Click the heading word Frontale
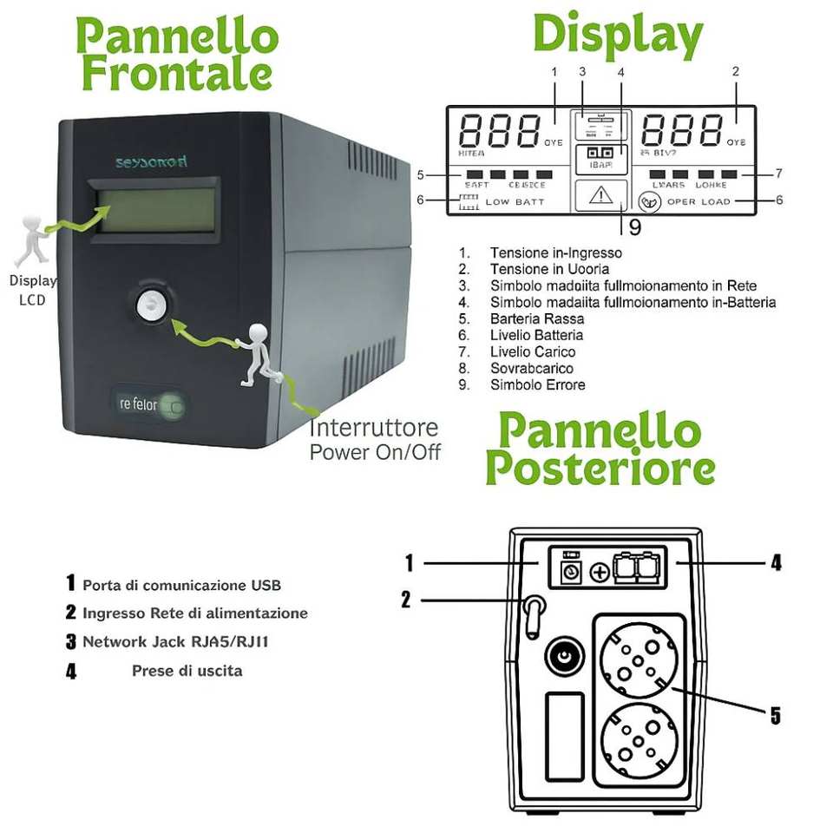point(177,74)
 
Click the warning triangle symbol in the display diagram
point(600,195)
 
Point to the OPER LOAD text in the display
point(699,202)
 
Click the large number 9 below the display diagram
point(634,227)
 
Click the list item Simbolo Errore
point(537,384)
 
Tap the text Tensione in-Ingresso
point(555,253)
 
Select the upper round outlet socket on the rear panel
point(638,661)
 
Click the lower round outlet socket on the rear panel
point(638,738)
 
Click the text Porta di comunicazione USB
point(181,585)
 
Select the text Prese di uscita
point(187,671)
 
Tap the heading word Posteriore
point(600,469)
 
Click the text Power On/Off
point(375,451)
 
